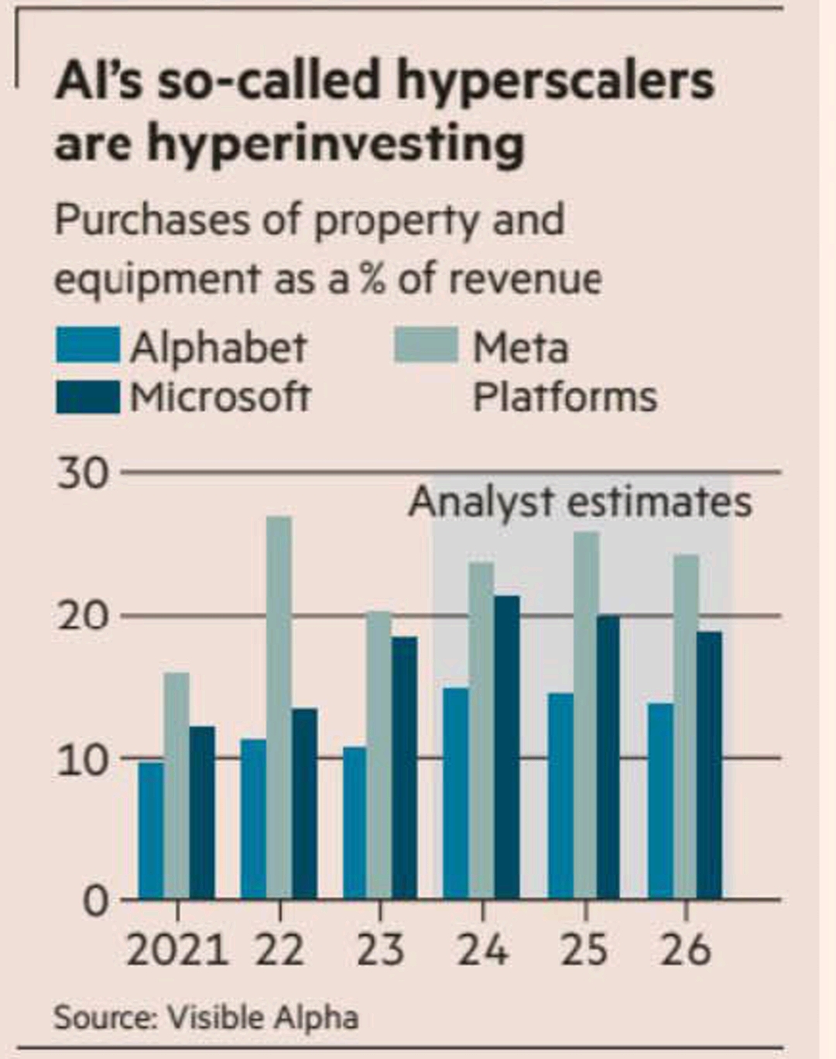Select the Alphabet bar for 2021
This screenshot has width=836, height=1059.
[151, 830]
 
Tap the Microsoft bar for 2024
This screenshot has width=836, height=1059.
[507, 747]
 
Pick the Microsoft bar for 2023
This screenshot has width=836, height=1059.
[405, 767]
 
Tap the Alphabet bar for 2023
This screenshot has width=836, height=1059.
[355, 822]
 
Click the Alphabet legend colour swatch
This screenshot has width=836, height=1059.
[88, 346]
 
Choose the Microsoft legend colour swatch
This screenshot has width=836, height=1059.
[88, 397]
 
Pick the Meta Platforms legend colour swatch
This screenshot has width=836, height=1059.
[427, 346]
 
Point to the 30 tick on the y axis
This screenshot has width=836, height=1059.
[82, 473]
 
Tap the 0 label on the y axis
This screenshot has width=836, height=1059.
[96, 902]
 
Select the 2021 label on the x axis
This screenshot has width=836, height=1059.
[177, 950]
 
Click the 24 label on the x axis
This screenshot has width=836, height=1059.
[482, 950]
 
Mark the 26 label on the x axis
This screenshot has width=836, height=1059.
[685, 950]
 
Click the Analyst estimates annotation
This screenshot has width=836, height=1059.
[580, 502]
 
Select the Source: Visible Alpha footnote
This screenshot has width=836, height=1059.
[206, 1017]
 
